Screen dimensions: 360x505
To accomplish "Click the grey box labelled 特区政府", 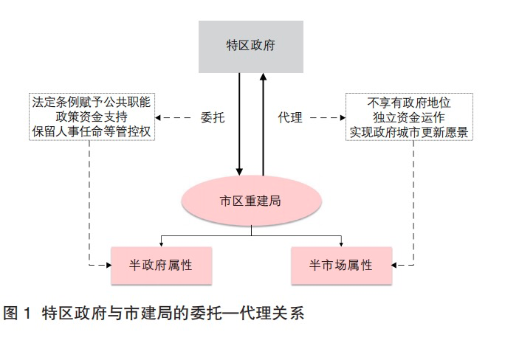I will [250, 46].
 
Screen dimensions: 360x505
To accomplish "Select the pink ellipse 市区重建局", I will [250, 201].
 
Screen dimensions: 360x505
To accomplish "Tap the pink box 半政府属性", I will [161, 264].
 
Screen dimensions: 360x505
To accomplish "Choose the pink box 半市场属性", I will [340, 264].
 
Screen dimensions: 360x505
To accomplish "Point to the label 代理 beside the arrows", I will [291, 117].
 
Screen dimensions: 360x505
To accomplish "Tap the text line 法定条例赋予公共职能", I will [95, 103].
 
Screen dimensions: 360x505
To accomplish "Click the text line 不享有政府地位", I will [409, 103].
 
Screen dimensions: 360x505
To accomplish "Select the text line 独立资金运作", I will [409, 117].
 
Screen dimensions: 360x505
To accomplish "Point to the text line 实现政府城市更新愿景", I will [409, 131].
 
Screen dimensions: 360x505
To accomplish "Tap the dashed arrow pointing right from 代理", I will [327, 117].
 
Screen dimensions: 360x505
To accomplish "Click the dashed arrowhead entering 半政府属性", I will [106, 263].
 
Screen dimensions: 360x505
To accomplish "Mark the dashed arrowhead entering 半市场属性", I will [396, 263].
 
